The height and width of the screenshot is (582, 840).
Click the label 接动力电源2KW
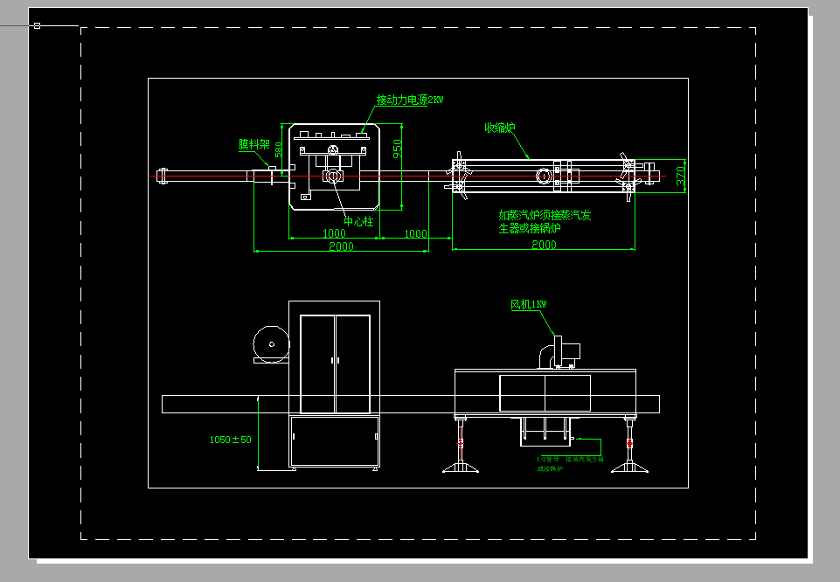pos(410,100)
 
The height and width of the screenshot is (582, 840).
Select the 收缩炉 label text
pos(500,128)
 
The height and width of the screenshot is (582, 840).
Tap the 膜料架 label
pos(254,144)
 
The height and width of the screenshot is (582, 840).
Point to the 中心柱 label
pos(358,222)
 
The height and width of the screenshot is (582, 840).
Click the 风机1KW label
pos(529,305)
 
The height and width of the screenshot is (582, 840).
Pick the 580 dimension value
pos(279,149)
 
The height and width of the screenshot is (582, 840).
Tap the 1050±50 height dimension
pos(230,440)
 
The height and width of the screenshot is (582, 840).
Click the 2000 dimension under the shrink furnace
pos(544,245)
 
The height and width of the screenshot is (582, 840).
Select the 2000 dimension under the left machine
pos(341,246)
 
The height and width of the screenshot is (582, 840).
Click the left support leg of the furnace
pos(460,447)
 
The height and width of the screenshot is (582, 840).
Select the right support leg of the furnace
pos(629,447)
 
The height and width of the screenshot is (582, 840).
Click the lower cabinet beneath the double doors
pos(335,440)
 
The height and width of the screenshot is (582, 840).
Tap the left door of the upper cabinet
pos(317,363)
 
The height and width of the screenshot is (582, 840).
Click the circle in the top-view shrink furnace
pos(544,175)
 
